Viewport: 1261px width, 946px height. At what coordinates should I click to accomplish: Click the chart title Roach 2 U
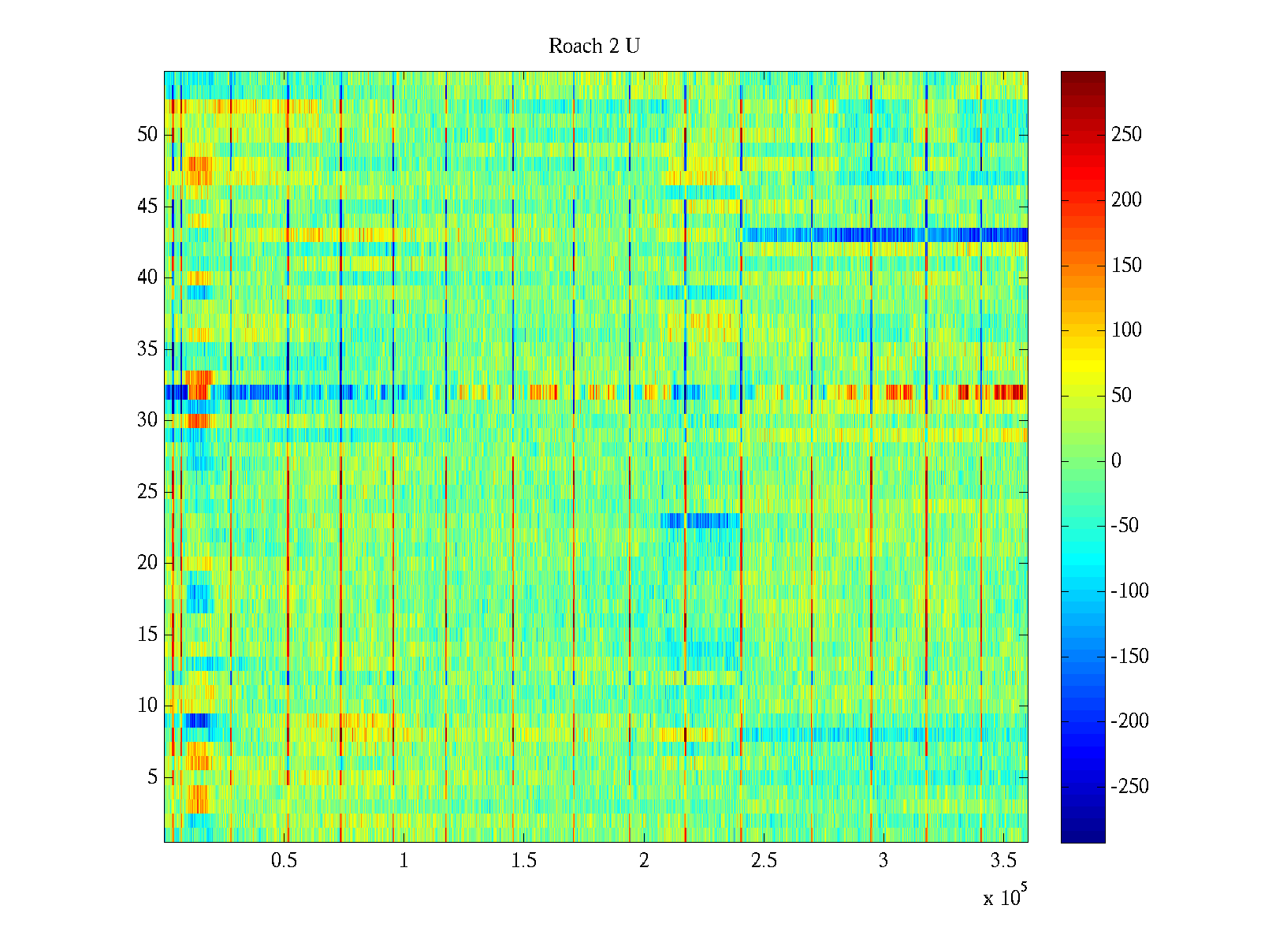click(594, 47)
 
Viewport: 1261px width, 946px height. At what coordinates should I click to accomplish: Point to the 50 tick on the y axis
click(147, 135)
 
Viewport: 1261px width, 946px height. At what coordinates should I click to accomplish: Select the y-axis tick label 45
click(147, 207)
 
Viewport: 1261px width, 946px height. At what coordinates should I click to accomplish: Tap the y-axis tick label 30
click(147, 420)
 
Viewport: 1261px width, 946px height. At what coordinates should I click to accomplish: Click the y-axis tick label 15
click(147, 635)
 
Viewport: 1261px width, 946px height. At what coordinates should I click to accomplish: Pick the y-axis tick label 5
click(152, 777)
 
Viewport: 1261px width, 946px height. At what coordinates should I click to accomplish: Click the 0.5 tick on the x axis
click(284, 861)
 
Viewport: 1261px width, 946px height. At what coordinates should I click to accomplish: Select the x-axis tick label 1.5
click(524, 861)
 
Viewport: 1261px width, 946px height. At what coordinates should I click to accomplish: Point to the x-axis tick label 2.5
click(764, 861)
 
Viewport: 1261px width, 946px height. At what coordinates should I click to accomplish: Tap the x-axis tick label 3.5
click(1003, 861)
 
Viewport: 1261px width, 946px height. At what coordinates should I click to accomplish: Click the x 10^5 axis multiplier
click(1005, 897)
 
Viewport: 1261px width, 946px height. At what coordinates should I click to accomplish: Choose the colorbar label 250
click(1126, 135)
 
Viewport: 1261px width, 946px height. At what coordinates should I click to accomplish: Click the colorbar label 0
click(1116, 461)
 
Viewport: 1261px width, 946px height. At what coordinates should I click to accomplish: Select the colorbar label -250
click(1129, 787)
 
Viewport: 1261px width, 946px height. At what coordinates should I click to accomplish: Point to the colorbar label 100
click(1126, 330)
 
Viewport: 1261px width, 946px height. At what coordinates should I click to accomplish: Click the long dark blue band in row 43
click(883, 235)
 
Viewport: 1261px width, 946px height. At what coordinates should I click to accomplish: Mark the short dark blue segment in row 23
click(701, 520)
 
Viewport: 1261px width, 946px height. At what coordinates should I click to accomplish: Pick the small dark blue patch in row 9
click(197, 720)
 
